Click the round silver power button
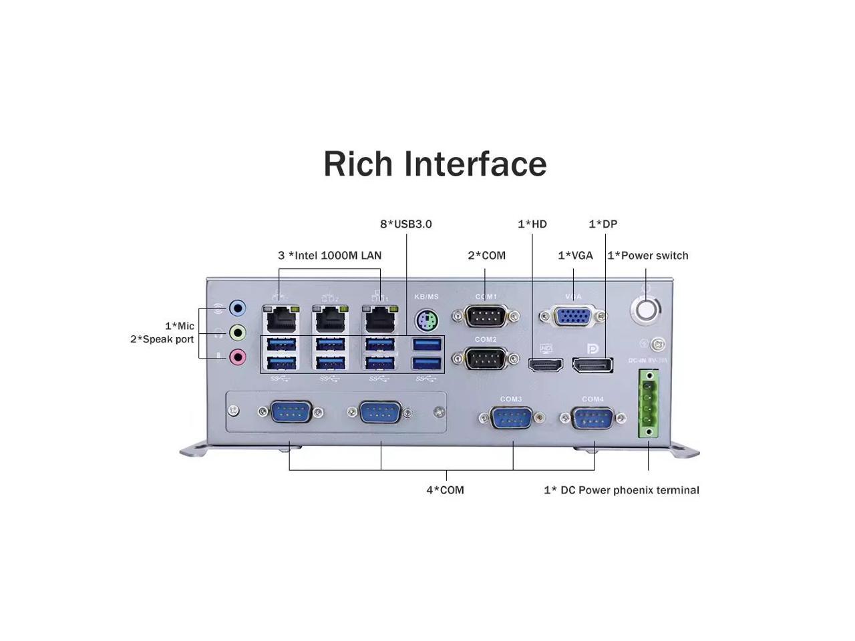coord(646,310)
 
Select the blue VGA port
coord(573,316)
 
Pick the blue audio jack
coord(237,308)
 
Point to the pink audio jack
coord(237,357)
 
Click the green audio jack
coord(237,332)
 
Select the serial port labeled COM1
coord(486,316)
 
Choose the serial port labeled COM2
coord(486,359)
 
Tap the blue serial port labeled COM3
coord(511,419)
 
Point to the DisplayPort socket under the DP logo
coord(593,365)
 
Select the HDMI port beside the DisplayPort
coord(546,365)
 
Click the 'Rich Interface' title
coord(435,164)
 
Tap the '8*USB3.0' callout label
coord(406,224)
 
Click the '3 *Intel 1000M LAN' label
coord(329,255)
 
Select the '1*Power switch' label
coord(647,255)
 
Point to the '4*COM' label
coord(445,489)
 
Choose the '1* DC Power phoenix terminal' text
coord(621,489)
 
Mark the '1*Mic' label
coord(180,326)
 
